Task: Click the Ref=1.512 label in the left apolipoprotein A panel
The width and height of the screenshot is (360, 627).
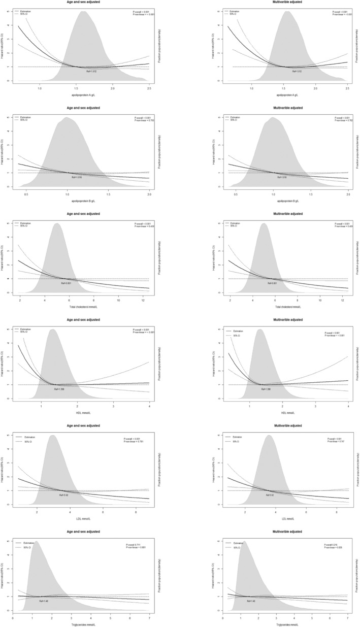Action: pos(91,71)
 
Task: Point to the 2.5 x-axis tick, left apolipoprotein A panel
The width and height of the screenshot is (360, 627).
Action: pos(149,88)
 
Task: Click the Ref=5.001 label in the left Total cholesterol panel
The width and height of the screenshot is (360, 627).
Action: pos(64,283)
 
